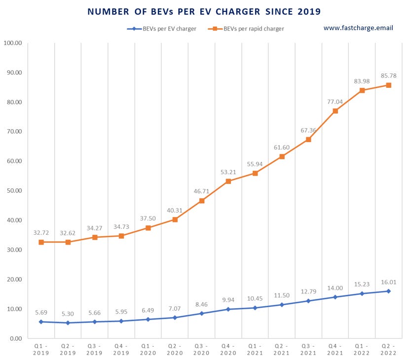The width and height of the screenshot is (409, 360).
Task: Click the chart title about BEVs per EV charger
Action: coord(204,11)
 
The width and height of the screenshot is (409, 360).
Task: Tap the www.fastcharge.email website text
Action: coord(358,28)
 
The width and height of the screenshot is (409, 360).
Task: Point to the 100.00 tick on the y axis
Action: coord(13,43)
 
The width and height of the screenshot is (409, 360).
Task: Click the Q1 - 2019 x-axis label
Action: coord(41,350)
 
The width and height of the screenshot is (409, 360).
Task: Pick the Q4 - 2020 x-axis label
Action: coord(228,350)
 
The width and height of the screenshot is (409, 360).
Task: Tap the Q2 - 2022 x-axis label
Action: coord(388,350)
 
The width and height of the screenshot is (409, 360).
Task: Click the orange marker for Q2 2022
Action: coord(388,85)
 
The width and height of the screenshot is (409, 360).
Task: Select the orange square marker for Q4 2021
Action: coord(335,111)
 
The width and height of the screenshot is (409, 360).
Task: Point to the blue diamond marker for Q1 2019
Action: coord(41,322)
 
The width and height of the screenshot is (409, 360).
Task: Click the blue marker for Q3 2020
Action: coord(202,313)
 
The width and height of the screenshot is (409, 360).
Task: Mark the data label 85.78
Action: coord(388,76)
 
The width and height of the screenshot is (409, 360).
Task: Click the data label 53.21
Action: coord(228,172)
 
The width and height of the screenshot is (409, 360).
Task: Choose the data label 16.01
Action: coord(388,282)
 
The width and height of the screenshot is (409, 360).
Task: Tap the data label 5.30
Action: coord(68,313)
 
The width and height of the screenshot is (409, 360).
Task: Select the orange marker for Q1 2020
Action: coord(148,228)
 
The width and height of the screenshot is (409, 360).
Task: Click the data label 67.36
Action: coord(308,130)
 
